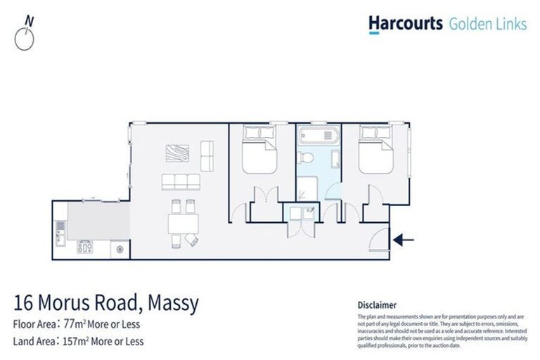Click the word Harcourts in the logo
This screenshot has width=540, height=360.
coord(405,24)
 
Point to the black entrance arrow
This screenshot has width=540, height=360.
coord(404,240)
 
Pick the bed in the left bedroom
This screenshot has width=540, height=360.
coord(259,150)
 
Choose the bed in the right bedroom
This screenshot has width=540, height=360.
coord(378,150)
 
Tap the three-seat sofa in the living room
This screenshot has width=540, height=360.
coord(181,182)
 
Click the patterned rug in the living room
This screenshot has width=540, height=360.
coord(176,153)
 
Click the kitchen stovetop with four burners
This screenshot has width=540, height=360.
coord(85,247)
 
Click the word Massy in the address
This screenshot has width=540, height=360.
coord(174,304)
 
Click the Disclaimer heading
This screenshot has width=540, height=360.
coord(377,305)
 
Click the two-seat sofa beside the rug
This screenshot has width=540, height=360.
coord(207,153)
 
